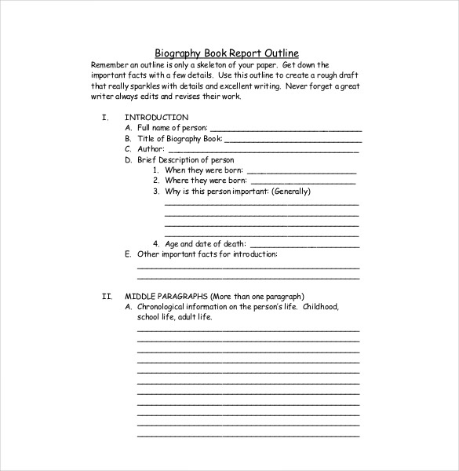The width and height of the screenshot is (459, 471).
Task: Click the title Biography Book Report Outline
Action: pos(226,53)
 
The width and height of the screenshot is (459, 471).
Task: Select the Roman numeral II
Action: pos(107,296)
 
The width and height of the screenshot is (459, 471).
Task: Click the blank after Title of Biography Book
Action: pos(293,139)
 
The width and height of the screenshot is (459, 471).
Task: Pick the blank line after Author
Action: pos(264,149)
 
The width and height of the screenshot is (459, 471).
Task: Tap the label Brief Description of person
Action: pos(185,159)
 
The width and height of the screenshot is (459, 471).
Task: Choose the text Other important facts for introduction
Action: pos(207,254)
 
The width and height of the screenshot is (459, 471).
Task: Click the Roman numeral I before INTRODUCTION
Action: pos(104,117)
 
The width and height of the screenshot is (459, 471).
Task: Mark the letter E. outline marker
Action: pos(128,254)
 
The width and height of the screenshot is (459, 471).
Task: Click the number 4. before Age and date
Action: pos(156,244)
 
